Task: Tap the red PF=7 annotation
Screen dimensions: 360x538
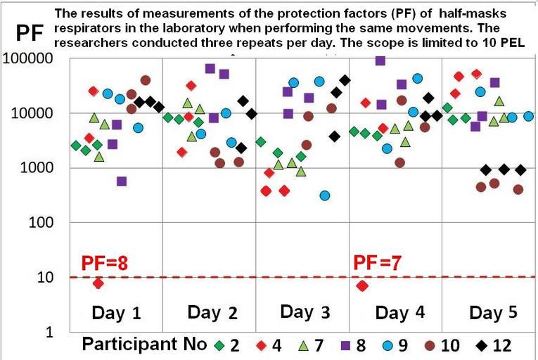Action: click(x=377, y=264)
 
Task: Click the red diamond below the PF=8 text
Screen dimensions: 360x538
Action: click(x=98, y=283)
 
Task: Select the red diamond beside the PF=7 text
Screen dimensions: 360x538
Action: click(x=362, y=285)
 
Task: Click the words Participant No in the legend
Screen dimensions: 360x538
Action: click(x=144, y=345)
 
